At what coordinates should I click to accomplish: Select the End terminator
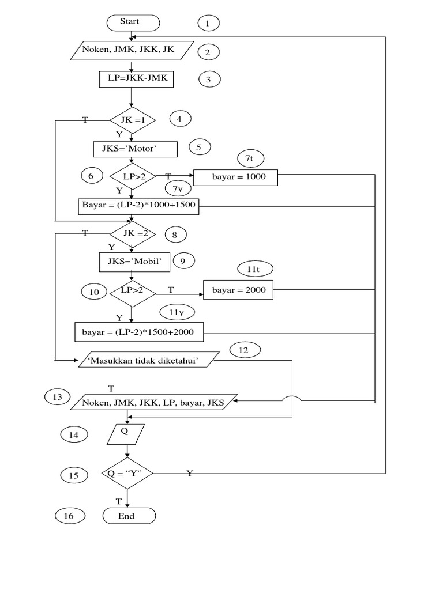[x=129, y=516]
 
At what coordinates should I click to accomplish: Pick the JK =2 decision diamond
[x=132, y=233]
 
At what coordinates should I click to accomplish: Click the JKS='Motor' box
[x=134, y=149]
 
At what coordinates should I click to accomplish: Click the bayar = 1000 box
[x=236, y=177]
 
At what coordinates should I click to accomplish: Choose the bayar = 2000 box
[x=239, y=290]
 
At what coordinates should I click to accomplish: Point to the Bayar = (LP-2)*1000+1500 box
[x=138, y=206]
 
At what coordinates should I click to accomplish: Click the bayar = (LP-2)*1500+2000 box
[x=138, y=333]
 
